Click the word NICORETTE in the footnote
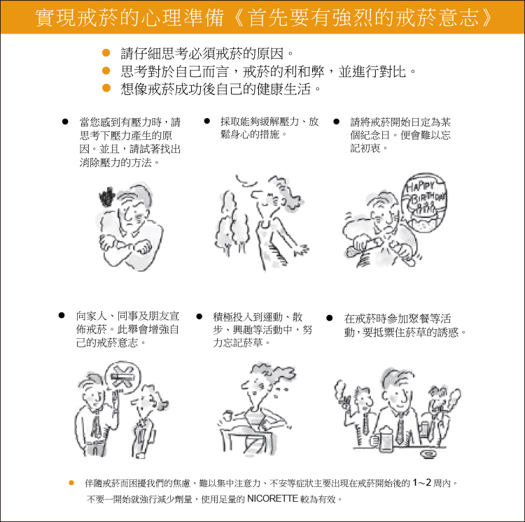272,499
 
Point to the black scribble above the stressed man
107,197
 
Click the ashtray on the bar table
428,454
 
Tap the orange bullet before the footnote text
71,483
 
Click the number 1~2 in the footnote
421,483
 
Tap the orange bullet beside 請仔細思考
106,53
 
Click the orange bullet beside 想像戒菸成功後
106,88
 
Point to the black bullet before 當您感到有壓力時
65,122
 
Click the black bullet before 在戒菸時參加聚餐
329,318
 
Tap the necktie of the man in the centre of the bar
400,431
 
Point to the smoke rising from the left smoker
339,390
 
